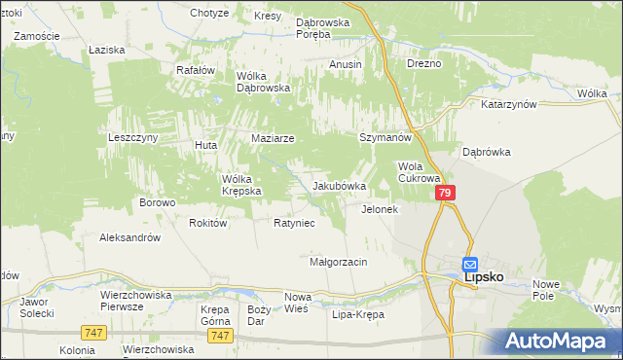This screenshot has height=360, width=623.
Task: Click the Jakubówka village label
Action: [x=339, y=186]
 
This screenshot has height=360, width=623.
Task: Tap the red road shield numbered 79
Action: [x=444, y=195]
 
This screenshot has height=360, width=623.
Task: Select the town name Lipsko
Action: [x=484, y=277]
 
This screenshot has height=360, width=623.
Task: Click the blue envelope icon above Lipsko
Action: [x=469, y=264]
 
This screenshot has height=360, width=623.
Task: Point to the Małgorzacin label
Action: [x=338, y=262]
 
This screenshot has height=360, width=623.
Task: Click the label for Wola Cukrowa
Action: [x=420, y=172]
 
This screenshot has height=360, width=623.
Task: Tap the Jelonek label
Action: [x=380, y=209]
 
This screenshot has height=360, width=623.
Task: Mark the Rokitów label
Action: [x=208, y=223]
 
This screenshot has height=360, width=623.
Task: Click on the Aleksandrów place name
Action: [x=129, y=237]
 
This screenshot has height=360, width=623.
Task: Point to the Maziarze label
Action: [x=273, y=139]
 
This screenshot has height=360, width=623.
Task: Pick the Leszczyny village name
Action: [x=132, y=138]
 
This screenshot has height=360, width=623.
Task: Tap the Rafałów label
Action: [x=194, y=70]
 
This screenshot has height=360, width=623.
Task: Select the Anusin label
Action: [x=346, y=64]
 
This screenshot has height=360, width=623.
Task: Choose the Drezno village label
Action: [x=424, y=64]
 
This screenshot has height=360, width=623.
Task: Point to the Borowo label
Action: [x=157, y=203]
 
